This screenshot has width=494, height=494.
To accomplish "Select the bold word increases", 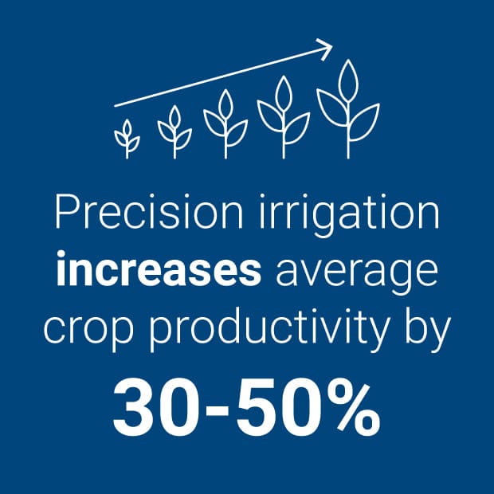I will (159, 271).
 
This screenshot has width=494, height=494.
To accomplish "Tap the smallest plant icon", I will (126, 137).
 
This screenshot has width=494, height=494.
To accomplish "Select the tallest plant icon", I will (347, 108).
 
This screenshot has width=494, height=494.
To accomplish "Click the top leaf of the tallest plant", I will (347, 78).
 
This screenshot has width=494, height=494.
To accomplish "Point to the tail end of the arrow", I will (116, 104).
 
